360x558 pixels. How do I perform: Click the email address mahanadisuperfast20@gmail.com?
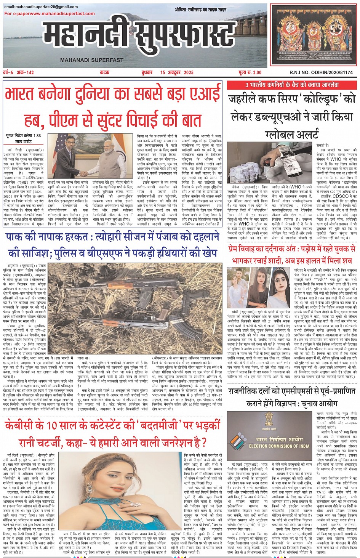[x=41, y=7]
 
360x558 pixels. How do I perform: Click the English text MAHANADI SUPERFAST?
[x=91, y=60]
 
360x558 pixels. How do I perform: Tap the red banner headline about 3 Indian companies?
[x=291, y=85]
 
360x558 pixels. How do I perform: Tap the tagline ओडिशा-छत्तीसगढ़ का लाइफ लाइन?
[x=200, y=10]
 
